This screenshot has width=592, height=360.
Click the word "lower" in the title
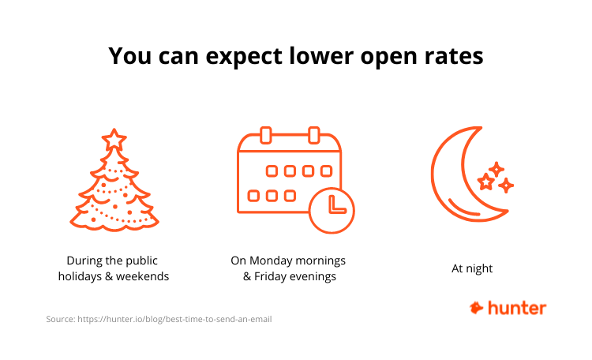pos(322,56)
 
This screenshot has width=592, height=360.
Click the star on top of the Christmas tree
pos(114,140)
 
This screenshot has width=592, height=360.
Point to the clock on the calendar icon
pos(332,210)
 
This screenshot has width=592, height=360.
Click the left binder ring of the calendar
pos(266,135)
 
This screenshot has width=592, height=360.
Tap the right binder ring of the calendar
pos(313,135)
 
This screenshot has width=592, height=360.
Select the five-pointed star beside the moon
pos(485,182)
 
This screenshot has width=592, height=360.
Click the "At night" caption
pos(472,268)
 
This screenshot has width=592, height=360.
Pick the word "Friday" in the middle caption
pos(270,276)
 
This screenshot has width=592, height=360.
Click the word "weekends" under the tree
pos(142,276)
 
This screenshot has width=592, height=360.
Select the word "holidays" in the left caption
pos(80,276)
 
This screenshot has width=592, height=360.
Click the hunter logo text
pos(517,308)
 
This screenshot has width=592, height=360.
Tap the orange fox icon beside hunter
pos(476,308)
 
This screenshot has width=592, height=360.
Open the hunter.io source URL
pos(174,319)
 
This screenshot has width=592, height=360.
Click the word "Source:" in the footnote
pos(61,319)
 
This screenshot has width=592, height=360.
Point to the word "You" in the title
pos(130,56)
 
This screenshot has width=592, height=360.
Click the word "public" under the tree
pos(141,261)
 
